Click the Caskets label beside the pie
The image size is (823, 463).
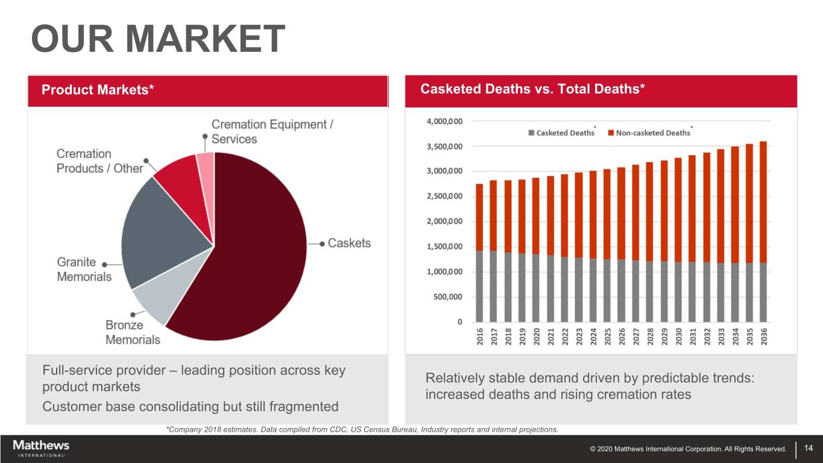349,243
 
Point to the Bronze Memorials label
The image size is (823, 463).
133,332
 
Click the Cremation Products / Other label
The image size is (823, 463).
99,161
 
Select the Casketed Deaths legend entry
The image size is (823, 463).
561,133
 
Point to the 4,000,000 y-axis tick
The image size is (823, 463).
445,121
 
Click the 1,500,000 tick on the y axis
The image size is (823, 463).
445,247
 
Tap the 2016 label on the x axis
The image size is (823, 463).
480,336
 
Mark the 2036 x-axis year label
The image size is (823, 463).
763,336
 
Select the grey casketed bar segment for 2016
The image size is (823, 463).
480,286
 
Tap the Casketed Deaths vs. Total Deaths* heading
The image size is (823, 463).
533,89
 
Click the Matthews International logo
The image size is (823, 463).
41,448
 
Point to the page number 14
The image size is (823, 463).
809,448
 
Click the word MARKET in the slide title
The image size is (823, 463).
204,39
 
